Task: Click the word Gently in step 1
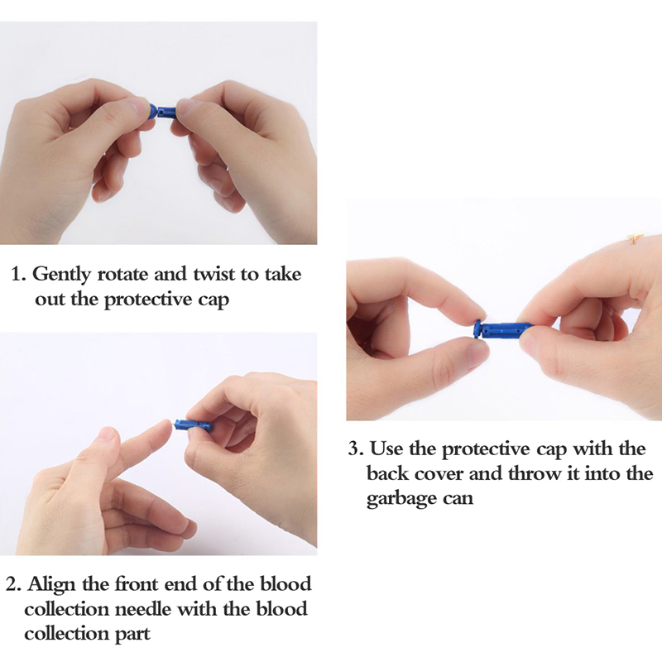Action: click(x=61, y=276)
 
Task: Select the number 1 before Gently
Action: click(x=16, y=274)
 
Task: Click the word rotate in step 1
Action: click(x=122, y=275)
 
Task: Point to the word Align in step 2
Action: click(x=51, y=586)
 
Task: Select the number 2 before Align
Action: click(x=12, y=585)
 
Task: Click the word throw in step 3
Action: click(x=535, y=473)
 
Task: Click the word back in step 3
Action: click(x=387, y=473)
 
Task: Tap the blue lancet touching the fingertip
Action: click(x=193, y=424)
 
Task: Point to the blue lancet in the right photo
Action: click(x=501, y=329)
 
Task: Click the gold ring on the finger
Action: click(x=635, y=238)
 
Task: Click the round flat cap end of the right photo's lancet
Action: click(x=477, y=329)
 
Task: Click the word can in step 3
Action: click(x=458, y=500)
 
